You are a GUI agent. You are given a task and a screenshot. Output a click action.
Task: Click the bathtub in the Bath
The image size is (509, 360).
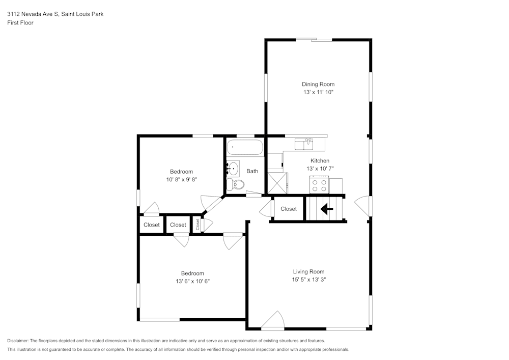pyautogui.click(x=245, y=148)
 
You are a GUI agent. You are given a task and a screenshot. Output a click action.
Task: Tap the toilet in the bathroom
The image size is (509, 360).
pyautogui.click(x=232, y=183)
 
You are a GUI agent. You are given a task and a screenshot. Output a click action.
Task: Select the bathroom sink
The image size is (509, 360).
pyautogui.click(x=233, y=167)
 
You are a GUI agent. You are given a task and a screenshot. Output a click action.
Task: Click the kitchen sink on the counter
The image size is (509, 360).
pyautogui.click(x=307, y=144)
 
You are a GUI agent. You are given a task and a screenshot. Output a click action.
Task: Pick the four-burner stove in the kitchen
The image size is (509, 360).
pyautogui.click(x=320, y=185)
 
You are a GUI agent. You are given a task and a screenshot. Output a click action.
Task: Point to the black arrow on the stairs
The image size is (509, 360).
pyautogui.click(x=326, y=209)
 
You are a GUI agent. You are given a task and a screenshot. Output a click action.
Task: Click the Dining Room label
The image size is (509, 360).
pyautogui.click(x=318, y=84)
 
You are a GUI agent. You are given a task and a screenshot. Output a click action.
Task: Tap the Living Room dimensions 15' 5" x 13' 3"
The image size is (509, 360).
pyautogui.click(x=308, y=280)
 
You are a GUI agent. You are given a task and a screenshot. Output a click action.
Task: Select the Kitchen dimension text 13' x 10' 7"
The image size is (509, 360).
pyautogui.click(x=320, y=169)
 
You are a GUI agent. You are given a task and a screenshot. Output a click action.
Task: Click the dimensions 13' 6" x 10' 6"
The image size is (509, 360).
pyautogui.click(x=192, y=281)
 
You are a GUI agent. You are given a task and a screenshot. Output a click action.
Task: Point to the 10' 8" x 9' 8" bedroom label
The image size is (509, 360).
pyautogui.click(x=181, y=179)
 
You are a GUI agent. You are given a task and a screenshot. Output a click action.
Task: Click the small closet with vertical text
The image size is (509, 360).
pyautogui.click(x=197, y=225)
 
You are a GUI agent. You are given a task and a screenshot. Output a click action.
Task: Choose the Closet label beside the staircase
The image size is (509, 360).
pyautogui.click(x=289, y=209)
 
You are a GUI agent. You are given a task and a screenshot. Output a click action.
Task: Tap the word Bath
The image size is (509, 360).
pyautogui.click(x=252, y=171)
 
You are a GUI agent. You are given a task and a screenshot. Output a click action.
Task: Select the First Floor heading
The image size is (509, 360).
pyautogui.click(x=20, y=23)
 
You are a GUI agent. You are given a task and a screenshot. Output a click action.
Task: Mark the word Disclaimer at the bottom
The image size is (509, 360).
pyautogui.click(x=18, y=340)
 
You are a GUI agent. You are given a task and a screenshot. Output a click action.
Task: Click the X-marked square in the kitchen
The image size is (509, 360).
pyautogui.click(x=277, y=183)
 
